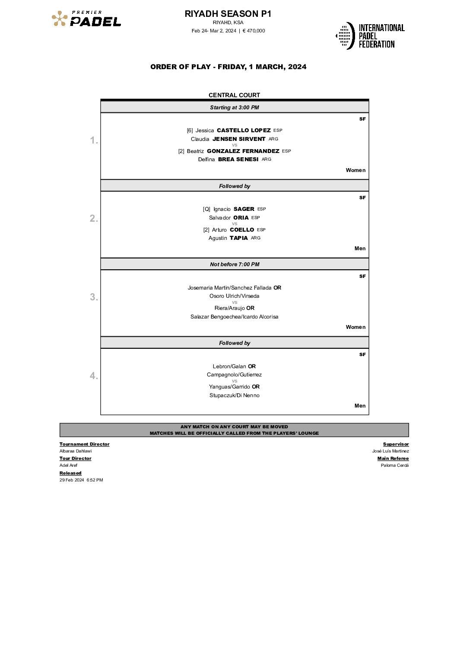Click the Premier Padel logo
click(x=86, y=19)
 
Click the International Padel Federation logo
click(x=370, y=35)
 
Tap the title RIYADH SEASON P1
click(x=228, y=14)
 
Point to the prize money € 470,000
click(x=254, y=31)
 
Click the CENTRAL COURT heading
click(x=234, y=95)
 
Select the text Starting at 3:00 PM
click(x=234, y=108)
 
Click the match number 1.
click(x=94, y=140)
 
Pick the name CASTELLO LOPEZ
click(x=244, y=130)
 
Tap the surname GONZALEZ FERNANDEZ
click(x=243, y=151)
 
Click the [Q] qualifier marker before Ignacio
click(x=206, y=209)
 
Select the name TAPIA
click(x=238, y=238)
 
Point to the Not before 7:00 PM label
click(x=235, y=265)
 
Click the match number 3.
click(x=94, y=297)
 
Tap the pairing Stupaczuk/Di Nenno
click(x=234, y=395)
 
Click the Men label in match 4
click(x=360, y=406)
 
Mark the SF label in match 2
click(x=362, y=198)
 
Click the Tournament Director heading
click(x=84, y=444)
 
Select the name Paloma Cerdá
click(x=394, y=465)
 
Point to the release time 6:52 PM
click(x=95, y=480)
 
